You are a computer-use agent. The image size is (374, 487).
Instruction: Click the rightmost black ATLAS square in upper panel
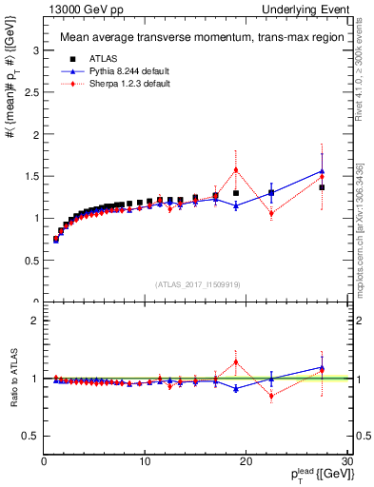click(322, 187)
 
